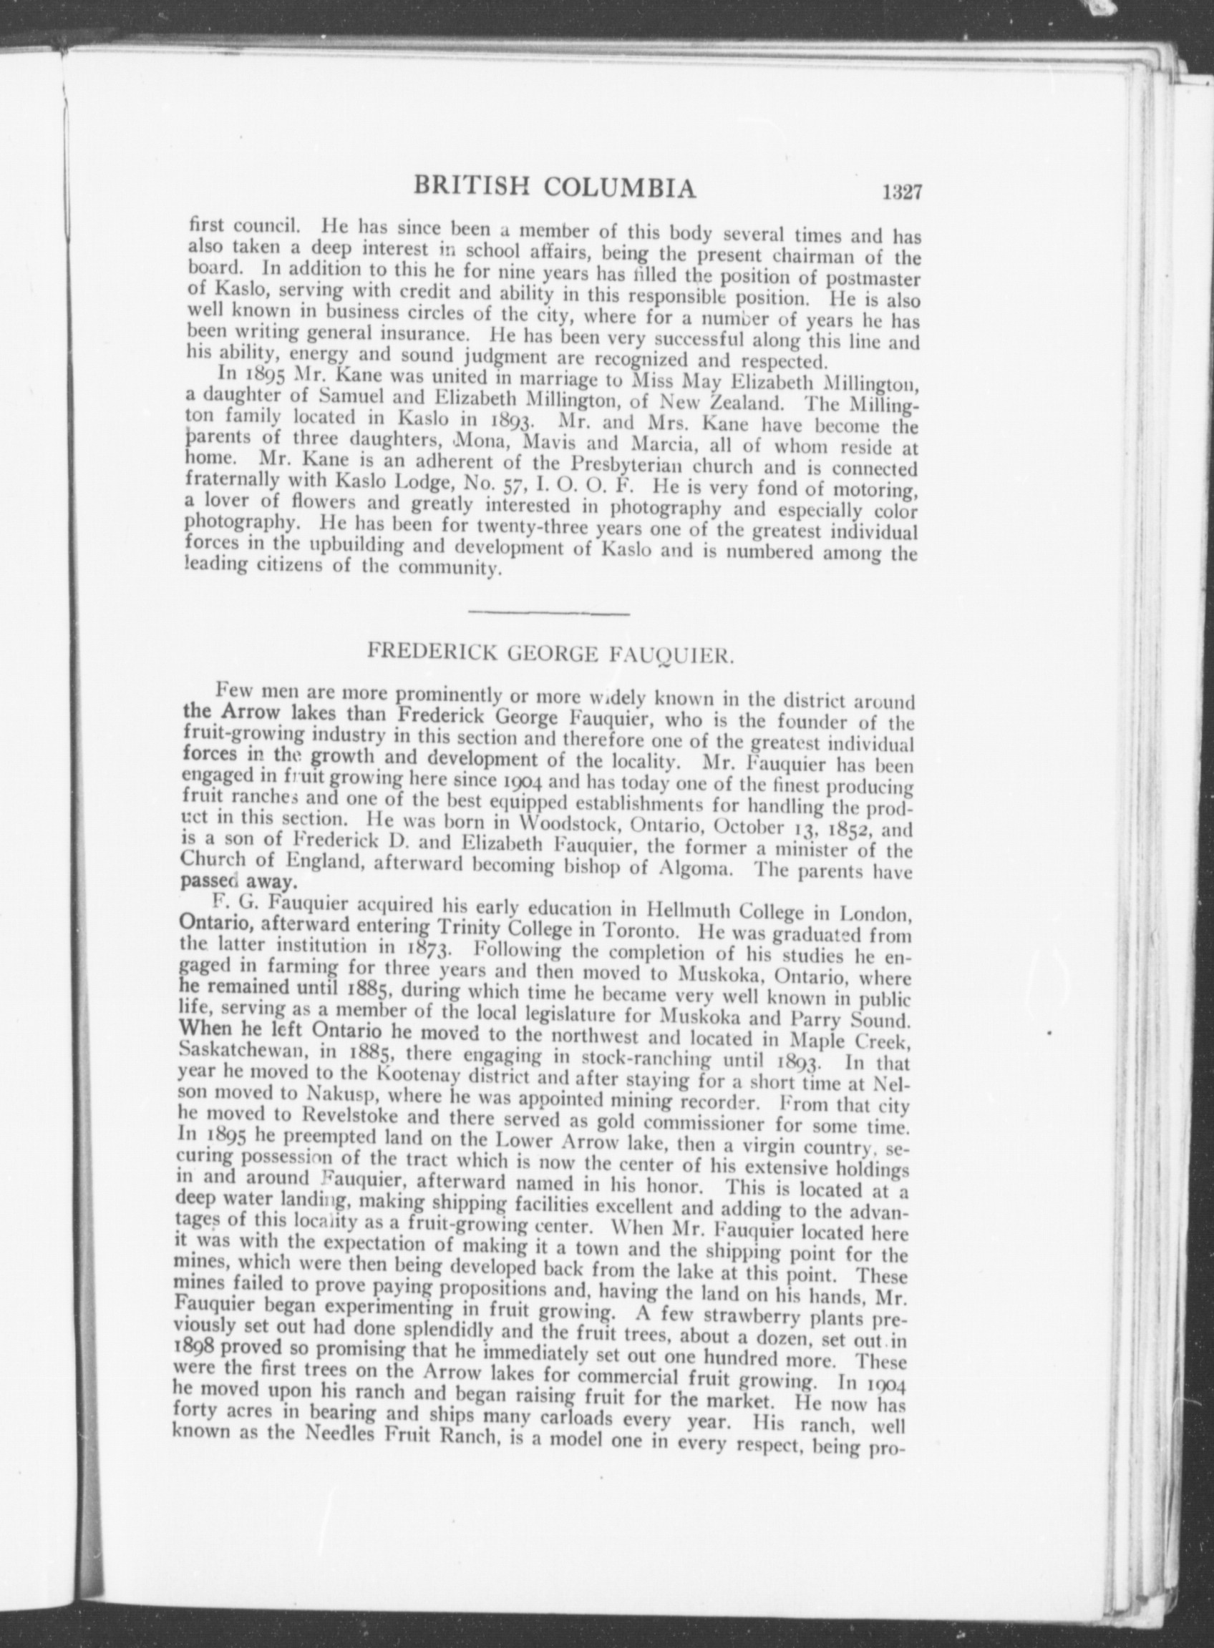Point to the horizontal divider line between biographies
(548, 611)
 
